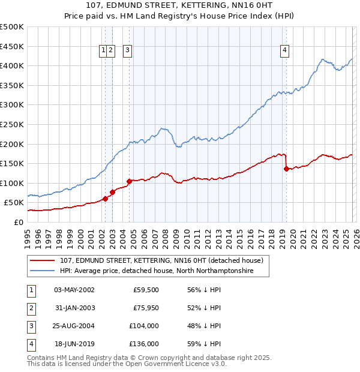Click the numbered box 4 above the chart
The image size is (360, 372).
tap(284, 51)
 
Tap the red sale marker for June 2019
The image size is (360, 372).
tap(286, 169)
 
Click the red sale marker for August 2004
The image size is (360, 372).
tap(129, 181)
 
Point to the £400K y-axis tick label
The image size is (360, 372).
tap(12, 65)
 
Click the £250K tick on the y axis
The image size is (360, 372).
tap(12, 124)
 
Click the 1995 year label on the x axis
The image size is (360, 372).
tap(28, 237)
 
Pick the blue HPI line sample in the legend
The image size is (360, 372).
tap(43, 271)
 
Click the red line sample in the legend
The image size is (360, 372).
tap(43, 261)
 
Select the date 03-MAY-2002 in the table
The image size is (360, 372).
tap(74, 290)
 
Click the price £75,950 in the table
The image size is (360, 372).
tap(146, 308)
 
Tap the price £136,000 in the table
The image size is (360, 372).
tap(145, 344)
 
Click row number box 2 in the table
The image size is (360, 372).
tap(31, 308)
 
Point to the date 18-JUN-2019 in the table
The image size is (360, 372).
tap(74, 344)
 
